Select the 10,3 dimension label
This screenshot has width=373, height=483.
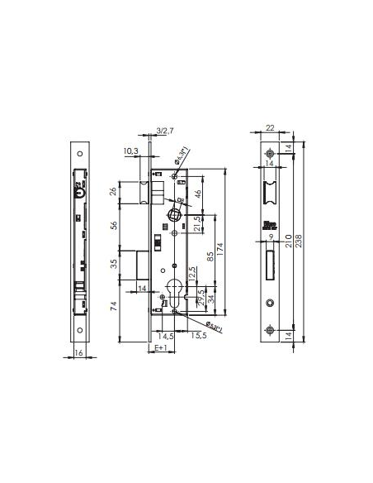tap(130, 151)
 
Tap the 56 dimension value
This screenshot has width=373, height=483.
tap(113, 224)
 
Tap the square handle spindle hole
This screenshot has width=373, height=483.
tap(173, 215)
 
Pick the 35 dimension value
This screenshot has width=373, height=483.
tap(113, 264)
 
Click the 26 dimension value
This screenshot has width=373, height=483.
tap(113, 194)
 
